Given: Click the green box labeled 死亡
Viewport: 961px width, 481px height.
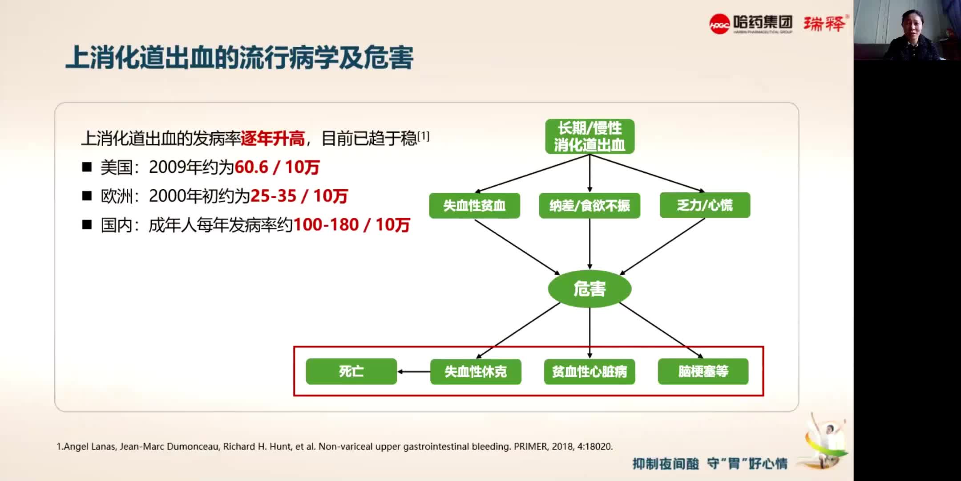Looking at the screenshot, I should coord(351,371).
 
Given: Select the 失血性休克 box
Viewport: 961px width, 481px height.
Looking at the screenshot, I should coord(476,371).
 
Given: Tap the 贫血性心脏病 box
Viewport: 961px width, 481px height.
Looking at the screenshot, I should coord(590,371).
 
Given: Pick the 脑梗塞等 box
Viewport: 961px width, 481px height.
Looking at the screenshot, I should coord(703,371).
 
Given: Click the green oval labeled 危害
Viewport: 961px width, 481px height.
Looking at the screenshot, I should coord(590,289).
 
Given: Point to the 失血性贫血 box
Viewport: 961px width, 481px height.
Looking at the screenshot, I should coord(474,205).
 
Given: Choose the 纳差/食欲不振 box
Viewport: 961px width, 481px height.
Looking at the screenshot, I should coord(590,205).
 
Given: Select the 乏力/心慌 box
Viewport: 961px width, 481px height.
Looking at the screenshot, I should coord(705,205).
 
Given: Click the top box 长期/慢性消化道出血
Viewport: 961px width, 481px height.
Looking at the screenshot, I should coord(590,136).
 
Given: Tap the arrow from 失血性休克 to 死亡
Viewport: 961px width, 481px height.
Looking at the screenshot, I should coord(414,371).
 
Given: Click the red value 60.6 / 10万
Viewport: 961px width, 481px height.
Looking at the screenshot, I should coord(277,167).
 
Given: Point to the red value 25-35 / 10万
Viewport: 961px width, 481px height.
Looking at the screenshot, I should coord(299,196).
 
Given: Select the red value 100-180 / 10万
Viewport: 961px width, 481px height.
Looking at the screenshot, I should coord(351,225).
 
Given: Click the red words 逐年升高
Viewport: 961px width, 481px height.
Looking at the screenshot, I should coord(272,139).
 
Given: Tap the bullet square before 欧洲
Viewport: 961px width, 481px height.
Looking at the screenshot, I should coord(87,196).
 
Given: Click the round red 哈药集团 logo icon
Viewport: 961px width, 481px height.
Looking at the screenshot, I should coord(719,24).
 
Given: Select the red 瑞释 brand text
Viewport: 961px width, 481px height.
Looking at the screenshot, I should coord(824,23).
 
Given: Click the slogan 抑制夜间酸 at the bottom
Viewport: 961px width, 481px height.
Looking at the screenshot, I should coord(666,464).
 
